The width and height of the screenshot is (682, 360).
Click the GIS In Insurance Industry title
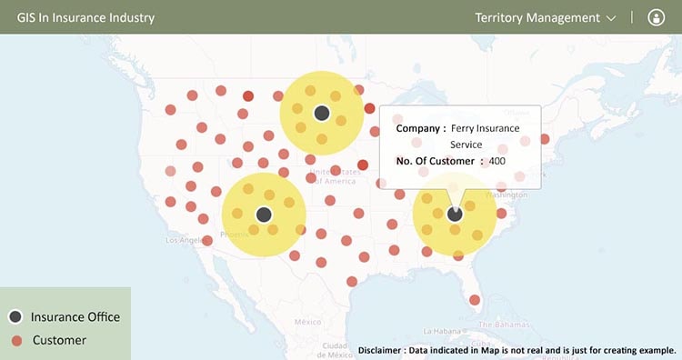point(85,17)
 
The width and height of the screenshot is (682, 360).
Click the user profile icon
point(657,17)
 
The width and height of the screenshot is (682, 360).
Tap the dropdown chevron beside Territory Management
point(611,18)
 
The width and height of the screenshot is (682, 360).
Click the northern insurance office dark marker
point(321,113)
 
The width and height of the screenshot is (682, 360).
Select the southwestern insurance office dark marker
point(264,215)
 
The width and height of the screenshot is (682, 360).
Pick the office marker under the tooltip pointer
point(455,214)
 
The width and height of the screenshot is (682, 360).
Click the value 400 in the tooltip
point(496,161)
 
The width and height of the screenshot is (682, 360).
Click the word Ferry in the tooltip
point(465,129)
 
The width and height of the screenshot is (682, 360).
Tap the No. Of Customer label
point(435,161)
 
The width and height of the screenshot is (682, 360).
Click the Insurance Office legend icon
point(15,316)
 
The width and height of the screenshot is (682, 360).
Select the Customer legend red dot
point(15,340)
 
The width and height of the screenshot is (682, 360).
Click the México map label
point(308,322)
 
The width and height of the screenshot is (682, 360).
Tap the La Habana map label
point(442,331)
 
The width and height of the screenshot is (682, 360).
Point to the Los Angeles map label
point(186,240)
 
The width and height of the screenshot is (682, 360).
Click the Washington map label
point(507,195)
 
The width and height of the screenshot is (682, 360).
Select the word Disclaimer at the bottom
point(386,350)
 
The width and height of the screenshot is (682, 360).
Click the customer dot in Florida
point(474,300)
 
